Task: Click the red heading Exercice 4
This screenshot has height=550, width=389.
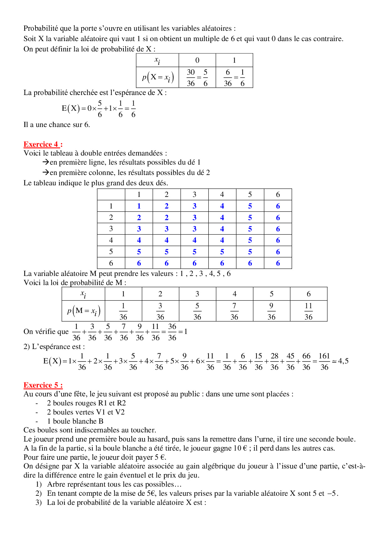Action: (x=43, y=144)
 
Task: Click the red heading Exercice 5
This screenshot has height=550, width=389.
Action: (x=43, y=385)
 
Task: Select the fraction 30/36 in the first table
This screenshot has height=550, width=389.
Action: (x=191, y=77)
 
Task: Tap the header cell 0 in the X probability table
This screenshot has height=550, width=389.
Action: (x=197, y=60)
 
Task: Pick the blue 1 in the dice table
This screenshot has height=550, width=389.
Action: (x=139, y=206)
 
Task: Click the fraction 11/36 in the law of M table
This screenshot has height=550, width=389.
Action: (x=308, y=311)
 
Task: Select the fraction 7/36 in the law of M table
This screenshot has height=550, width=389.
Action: (x=234, y=311)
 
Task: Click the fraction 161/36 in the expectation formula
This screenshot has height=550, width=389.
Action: (x=324, y=361)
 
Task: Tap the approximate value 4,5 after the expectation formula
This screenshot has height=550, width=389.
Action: (x=343, y=361)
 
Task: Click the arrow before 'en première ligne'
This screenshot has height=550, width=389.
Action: (x=46, y=162)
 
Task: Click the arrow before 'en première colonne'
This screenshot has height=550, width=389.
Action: (x=46, y=173)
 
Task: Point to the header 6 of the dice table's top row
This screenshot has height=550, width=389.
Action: (x=278, y=195)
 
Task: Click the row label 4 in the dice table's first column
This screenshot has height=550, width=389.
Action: (x=111, y=240)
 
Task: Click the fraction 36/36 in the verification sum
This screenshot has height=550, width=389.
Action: (x=172, y=332)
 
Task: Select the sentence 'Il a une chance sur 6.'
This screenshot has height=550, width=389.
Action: (x=57, y=125)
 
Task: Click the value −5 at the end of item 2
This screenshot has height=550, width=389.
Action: (x=332, y=493)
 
